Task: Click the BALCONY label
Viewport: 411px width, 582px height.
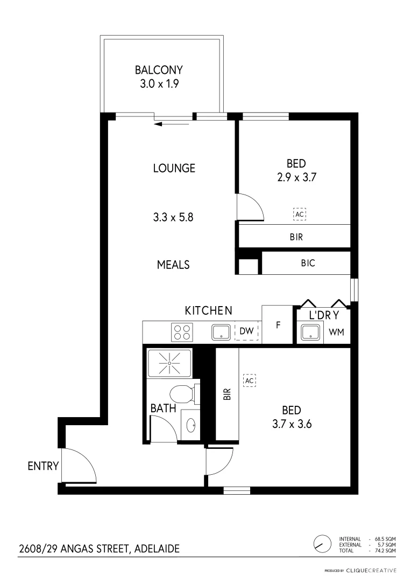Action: tap(159, 70)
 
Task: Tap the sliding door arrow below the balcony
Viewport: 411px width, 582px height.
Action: tap(171, 124)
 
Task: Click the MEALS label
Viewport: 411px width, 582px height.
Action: tap(173, 265)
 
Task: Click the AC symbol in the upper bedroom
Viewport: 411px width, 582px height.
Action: tap(300, 214)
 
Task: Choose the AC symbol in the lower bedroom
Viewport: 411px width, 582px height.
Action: tap(249, 380)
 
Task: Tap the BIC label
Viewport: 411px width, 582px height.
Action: tap(308, 264)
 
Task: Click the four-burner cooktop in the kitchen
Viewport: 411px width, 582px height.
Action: tap(182, 331)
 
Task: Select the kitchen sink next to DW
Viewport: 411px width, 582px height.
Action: tap(221, 332)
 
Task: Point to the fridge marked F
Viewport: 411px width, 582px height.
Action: tap(278, 325)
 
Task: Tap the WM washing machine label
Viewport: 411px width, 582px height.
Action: tap(336, 332)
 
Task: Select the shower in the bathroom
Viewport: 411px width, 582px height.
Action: tap(169, 364)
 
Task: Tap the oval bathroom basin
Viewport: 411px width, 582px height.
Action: tap(191, 426)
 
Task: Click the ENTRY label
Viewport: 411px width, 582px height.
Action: tap(42, 466)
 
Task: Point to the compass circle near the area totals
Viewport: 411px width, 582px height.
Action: tap(321, 544)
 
